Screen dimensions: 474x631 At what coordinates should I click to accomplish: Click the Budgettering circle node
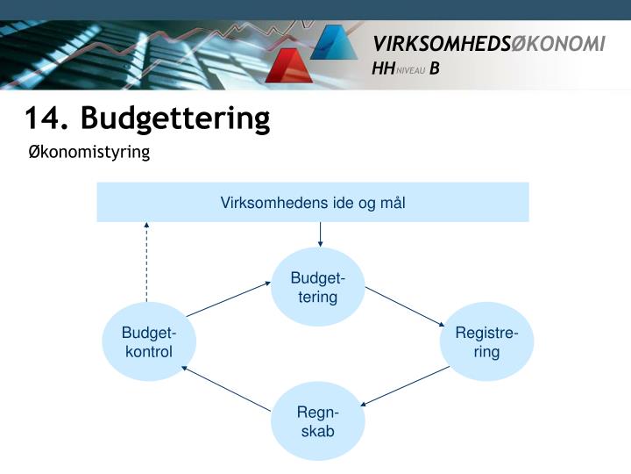tap(318, 288)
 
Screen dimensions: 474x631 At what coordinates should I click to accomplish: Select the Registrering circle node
tap(487, 341)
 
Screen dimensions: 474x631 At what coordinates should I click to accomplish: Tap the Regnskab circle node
tap(317, 421)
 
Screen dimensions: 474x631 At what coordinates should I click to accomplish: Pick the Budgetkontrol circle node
tap(149, 341)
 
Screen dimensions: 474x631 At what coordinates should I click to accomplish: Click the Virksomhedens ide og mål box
tap(313, 203)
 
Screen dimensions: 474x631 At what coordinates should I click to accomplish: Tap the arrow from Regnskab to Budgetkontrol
tap(226, 387)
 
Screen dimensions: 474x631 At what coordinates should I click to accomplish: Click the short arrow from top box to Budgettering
tap(320, 234)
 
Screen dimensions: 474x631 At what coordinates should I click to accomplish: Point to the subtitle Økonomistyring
tap(89, 153)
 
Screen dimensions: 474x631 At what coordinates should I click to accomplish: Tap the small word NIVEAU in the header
tap(411, 71)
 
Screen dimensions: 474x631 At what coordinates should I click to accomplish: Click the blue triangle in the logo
tap(332, 41)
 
